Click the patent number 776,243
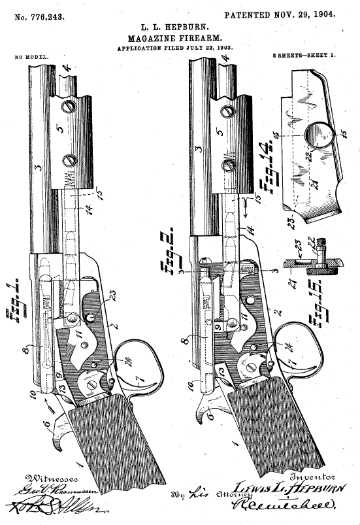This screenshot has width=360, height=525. (x=40, y=15)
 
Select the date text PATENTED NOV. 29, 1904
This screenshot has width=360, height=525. (x=280, y=14)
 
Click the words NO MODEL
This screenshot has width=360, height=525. (x=31, y=57)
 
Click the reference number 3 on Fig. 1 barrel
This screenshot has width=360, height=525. (x=38, y=168)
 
